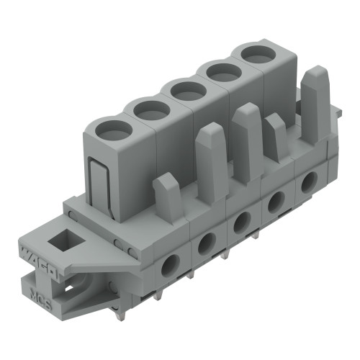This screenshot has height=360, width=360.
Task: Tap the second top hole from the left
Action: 151,110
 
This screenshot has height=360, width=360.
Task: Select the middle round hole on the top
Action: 189,91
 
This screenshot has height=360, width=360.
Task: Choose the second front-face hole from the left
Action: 205,243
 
